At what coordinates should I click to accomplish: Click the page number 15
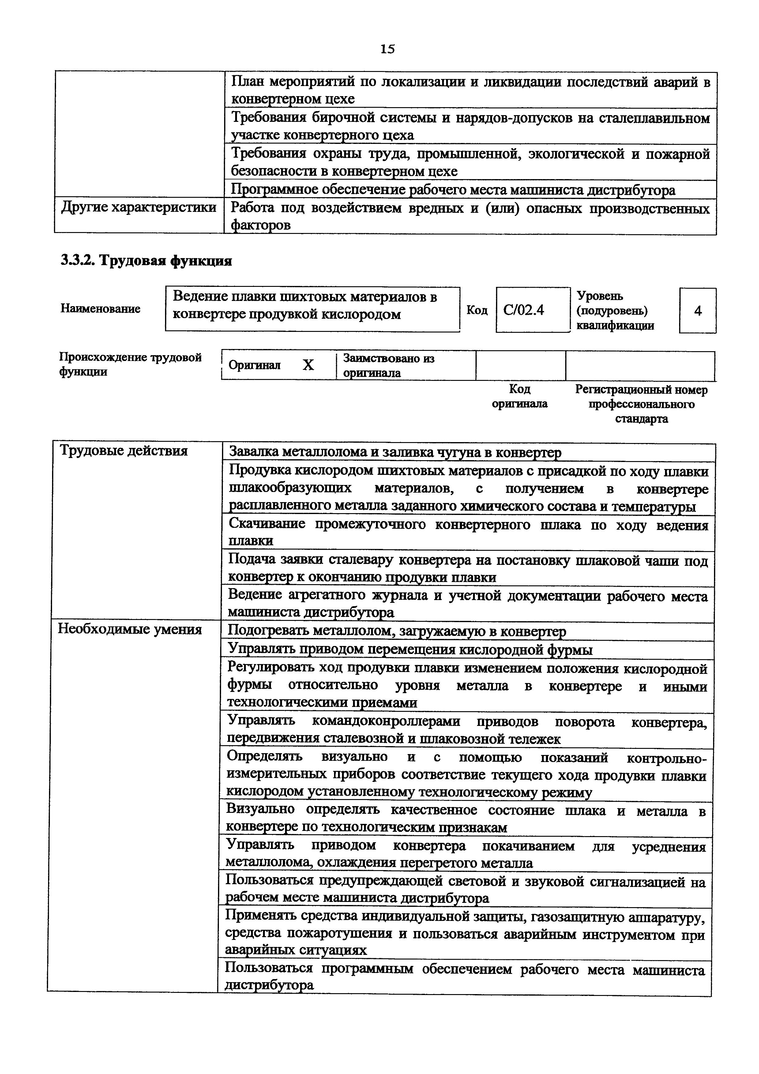tap(387, 49)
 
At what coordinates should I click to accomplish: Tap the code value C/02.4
tap(524, 310)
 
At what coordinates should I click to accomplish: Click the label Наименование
tap(100, 309)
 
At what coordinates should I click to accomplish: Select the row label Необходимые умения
tap(130, 630)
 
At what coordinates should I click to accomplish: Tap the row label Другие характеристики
tap(138, 207)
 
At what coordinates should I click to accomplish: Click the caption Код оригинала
tap(520, 396)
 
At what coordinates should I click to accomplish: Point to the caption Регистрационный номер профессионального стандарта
tap(641, 404)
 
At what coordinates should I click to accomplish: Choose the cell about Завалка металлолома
tap(395, 452)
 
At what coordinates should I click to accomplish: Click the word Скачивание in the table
tap(267, 524)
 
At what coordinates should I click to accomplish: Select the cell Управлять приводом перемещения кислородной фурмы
tap(410, 650)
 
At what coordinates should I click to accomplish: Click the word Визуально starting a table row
tap(261, 809)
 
